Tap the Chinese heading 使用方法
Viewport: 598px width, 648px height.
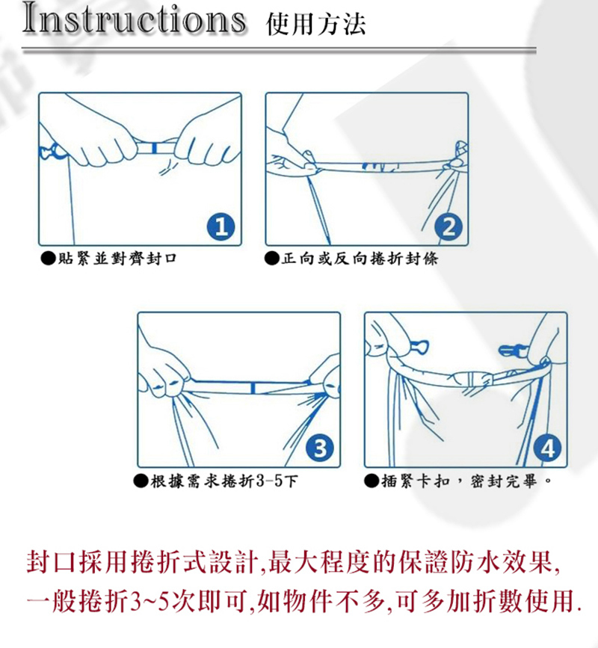[x=316, y=24]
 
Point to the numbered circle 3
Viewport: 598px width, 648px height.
[x=320, y=448]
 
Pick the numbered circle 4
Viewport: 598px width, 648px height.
[x=548, y=448]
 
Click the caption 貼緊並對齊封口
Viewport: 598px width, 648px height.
[x=117, y=259]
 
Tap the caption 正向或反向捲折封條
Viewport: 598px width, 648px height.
[x=360, y=259]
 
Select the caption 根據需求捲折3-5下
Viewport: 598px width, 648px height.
[x=224, y=481]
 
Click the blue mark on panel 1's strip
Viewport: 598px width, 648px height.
[x=154, y=148]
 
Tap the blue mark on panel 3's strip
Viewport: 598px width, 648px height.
[x=253, y=388]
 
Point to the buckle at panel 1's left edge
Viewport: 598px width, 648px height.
[x=52, y=152]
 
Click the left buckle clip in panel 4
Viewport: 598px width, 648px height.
[x=419, y=346]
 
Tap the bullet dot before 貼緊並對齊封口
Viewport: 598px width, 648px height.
[x=48, y=259]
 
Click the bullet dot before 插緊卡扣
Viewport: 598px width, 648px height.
[x=372, y=481]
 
